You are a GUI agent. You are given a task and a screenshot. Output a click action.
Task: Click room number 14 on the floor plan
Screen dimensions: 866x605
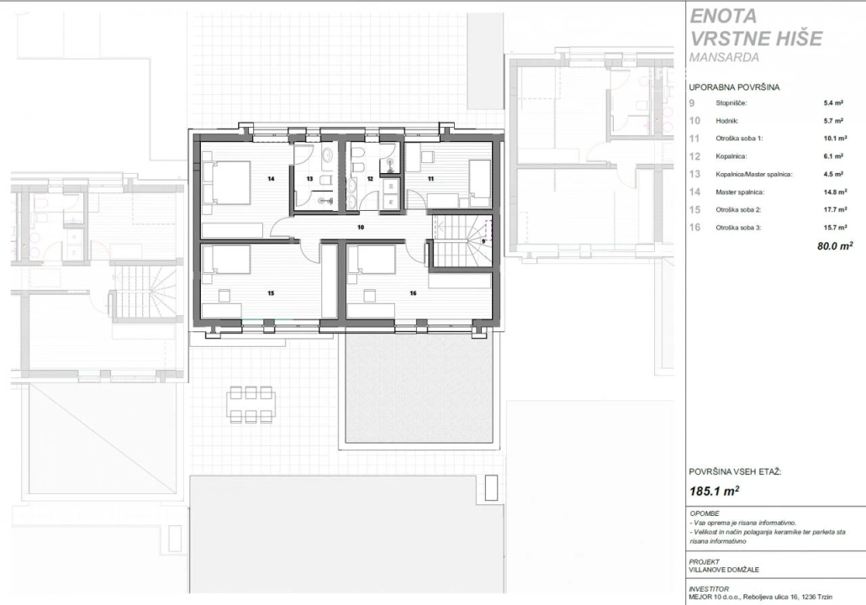click(x=271, y=178)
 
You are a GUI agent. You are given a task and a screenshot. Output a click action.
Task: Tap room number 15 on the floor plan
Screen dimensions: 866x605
click(x=271, y=293)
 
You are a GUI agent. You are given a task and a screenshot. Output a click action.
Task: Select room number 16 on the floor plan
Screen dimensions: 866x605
click(x=413, y=293)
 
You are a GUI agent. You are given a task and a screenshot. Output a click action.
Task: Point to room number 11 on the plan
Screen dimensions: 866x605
click(x=430, y=178)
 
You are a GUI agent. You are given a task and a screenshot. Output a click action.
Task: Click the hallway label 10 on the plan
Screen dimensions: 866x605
click(x=361, y=227)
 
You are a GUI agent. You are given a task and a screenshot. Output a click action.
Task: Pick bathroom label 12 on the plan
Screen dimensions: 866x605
click(x=370, y=178)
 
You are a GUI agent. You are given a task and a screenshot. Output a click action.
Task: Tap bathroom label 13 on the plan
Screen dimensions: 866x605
click(x=310, y=178)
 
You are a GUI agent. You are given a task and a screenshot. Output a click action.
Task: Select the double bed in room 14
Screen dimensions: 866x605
click(x=226, y=182)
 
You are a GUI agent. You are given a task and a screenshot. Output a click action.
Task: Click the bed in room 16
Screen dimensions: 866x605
click(x=372, y=259)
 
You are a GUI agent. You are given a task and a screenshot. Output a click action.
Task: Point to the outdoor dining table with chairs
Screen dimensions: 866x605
click(x=251, y=404)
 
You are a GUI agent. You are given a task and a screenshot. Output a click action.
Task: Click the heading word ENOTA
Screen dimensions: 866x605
click(x=723, y=16)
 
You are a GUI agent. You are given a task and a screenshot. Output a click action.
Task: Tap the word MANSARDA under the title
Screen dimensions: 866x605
click(x=724, y=57)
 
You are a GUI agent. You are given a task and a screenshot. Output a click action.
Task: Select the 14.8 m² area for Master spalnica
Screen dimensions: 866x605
click(x=836, y=192)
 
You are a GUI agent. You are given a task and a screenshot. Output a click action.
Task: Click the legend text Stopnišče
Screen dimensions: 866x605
click(x=731, y=103)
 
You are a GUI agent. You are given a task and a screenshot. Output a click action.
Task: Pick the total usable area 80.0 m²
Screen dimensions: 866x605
click(x=835, y=245)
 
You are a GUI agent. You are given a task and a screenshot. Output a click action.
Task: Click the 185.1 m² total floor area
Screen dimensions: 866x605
click(x=715, y=491)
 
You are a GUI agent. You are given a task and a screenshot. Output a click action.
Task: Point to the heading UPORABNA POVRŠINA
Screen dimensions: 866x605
click(x=734, y=87)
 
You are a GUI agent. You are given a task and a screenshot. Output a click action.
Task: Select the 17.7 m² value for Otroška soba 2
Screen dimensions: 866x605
click(x=836, y=210)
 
